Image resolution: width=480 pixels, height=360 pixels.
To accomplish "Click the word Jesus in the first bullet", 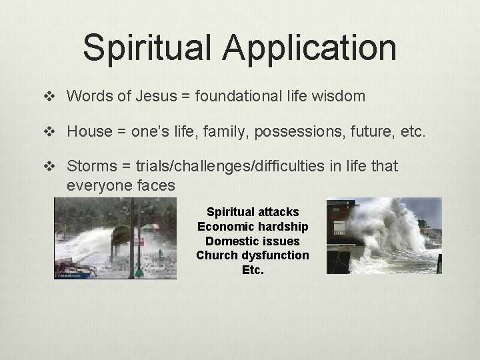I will coord(156,96).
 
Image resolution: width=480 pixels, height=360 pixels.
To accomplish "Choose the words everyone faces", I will coord(121,185).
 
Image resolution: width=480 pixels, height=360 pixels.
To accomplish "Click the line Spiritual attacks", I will coord(253,212).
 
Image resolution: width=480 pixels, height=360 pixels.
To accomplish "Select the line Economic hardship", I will coord(253,227).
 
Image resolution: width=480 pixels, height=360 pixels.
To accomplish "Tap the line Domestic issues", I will coord(253,241).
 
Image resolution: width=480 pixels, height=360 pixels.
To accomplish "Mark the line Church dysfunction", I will coord(253,255).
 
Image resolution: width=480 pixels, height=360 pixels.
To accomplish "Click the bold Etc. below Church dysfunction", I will coord(253,270).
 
